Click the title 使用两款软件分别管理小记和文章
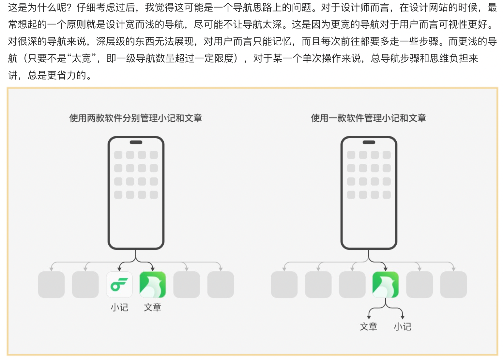(x=136, y=118)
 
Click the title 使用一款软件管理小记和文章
(x=368, y=118)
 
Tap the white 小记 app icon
(x=119, y=285)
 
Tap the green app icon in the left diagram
(x=153, y=285)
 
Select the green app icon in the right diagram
(x=386, y=285)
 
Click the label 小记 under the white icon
(x=119, y=307)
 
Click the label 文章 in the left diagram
(x=153, y=307)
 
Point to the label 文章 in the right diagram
(x=369, y=326)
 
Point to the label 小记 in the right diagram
(x=403, y=326)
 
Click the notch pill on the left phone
(x=136, y=142)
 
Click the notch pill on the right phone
(x=369, y=142)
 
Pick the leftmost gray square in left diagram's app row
(x=51, y=285)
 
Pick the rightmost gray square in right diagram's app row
(x=453, y=285)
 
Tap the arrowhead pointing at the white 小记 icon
(x=119, y=269)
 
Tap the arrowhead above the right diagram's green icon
(x=386, y=269)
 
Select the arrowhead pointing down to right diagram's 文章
(x=369, y=317)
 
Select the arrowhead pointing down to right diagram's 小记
(x=403, y=317)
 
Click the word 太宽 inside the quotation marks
(x=81, y=58)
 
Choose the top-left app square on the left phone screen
(x=118, y=155)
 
